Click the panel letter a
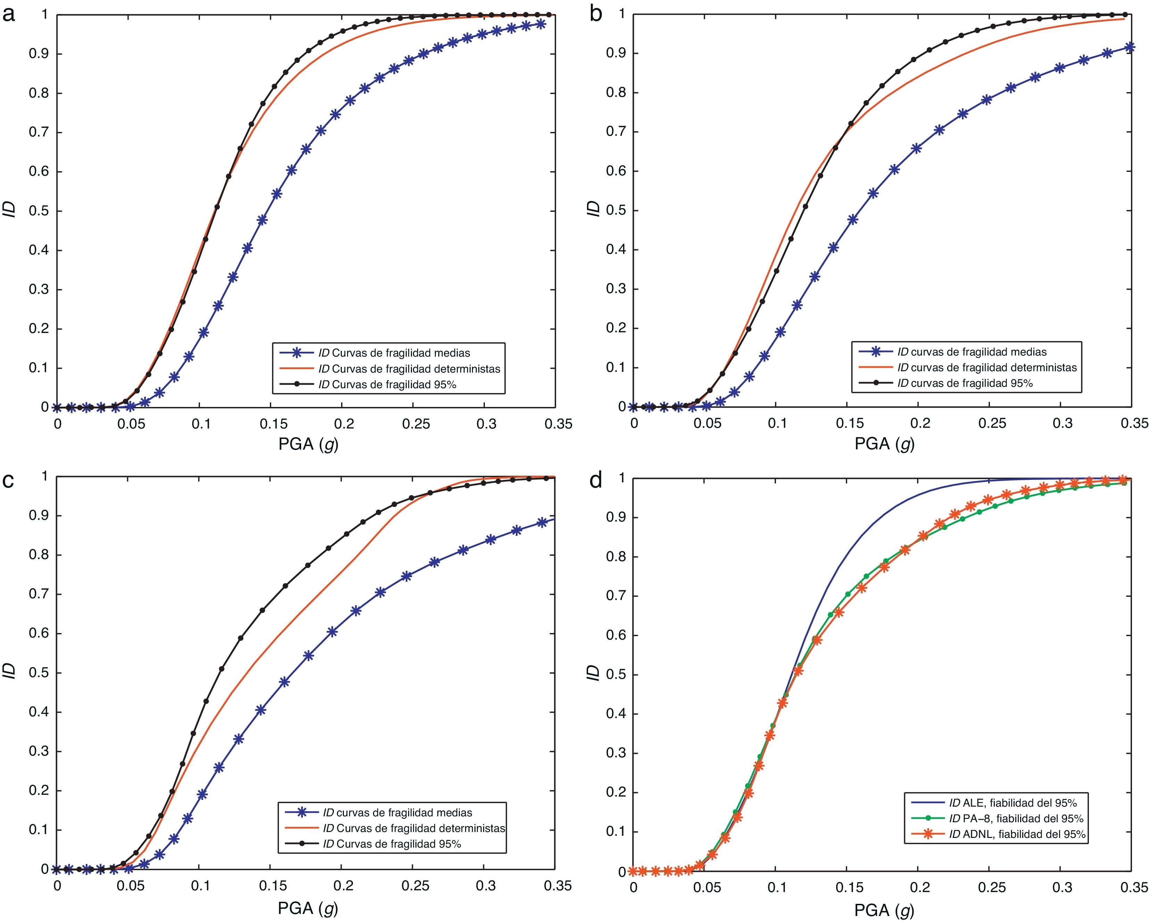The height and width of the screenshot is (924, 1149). (9, 14)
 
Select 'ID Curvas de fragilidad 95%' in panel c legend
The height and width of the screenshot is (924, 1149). (392, 843)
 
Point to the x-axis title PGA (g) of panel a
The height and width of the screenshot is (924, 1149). (308, 443)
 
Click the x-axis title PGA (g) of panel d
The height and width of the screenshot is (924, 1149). (885, 910)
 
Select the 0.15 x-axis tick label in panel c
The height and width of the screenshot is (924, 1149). (273, 886)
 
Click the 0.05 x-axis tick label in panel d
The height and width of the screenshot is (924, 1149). (706, 888)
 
